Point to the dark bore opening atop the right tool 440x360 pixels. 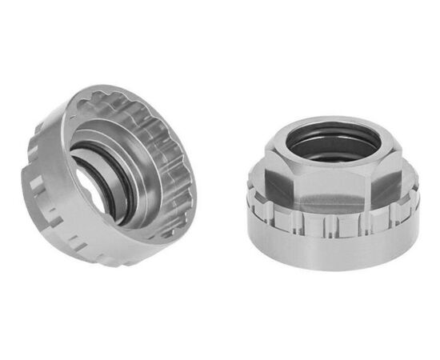coord(328,144)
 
